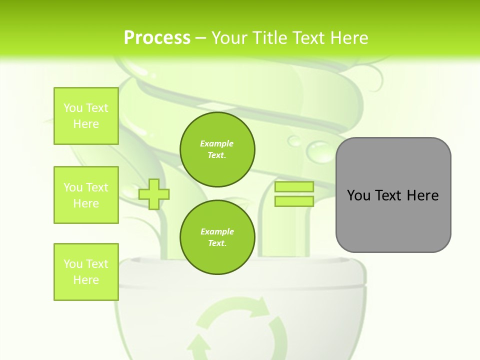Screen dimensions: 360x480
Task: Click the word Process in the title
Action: [x=157, y=38]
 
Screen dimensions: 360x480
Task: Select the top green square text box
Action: [x=86, y=116]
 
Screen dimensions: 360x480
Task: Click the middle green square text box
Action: [x=86, y=195]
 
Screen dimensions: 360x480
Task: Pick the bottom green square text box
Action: [x=86, y=272]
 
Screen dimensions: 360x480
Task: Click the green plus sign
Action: [x=154, y=194]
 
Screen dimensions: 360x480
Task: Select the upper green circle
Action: [x=217, y=149]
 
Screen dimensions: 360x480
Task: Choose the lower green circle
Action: [x=217, y=237]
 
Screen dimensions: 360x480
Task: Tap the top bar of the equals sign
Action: [x=294, y=187]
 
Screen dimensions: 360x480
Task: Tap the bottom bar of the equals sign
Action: [x=294, y=201]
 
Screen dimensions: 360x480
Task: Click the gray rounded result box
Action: [x=393, y=220]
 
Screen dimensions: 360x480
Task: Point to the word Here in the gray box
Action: [x=422, y=195]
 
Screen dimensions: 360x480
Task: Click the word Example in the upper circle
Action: [x=217, y=143]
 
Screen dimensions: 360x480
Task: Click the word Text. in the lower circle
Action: [x=217, y=243]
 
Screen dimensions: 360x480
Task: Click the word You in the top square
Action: [x=73, y=108]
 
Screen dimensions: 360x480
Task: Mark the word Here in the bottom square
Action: [x=86, y=280]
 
